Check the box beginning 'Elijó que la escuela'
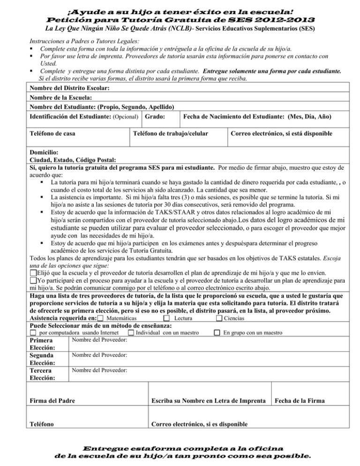coord(33,273)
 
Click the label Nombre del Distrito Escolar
coord(63,88)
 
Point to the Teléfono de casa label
coord(52,134)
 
